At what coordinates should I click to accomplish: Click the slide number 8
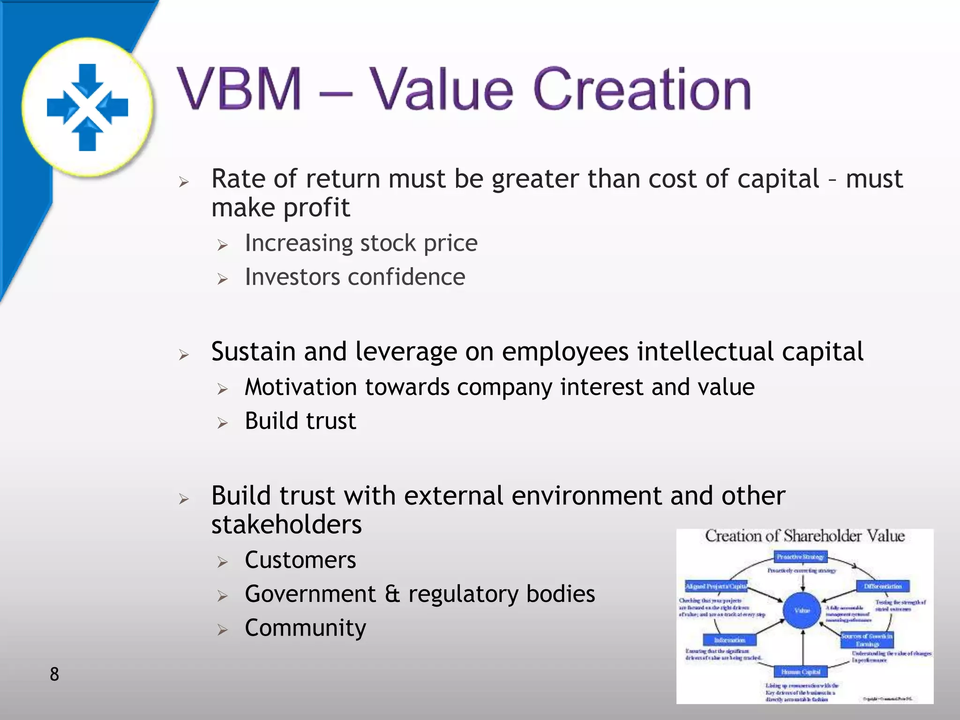pos(54,674)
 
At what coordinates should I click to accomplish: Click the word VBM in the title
pos(239,89)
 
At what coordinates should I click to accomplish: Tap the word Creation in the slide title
pos(642,89)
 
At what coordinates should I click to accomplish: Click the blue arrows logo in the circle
pos(88,107)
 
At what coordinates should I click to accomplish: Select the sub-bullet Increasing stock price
pos(361,243)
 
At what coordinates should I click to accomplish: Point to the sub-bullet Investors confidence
pos(355,277)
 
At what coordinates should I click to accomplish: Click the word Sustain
pos(253,352)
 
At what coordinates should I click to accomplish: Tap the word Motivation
pos(301,388)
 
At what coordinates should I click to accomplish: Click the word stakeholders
pos(286,525)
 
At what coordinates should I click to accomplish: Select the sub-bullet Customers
pos(300,560)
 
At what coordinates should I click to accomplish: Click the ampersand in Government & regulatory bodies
pos(392,594)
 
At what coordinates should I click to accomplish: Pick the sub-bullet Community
pos(305,628)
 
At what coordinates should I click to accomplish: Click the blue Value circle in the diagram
pos(802,610)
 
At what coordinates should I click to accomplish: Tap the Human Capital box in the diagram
pos(801,672)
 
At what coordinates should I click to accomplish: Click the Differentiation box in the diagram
pos(883,586)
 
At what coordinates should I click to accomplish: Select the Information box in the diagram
pos(729,640)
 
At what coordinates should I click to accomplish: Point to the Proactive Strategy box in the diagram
pos(800,557)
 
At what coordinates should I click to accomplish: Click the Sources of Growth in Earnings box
pos(867,640)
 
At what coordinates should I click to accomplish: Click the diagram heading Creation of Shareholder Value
pos(804,536)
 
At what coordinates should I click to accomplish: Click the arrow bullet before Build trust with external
pos(184,499)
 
